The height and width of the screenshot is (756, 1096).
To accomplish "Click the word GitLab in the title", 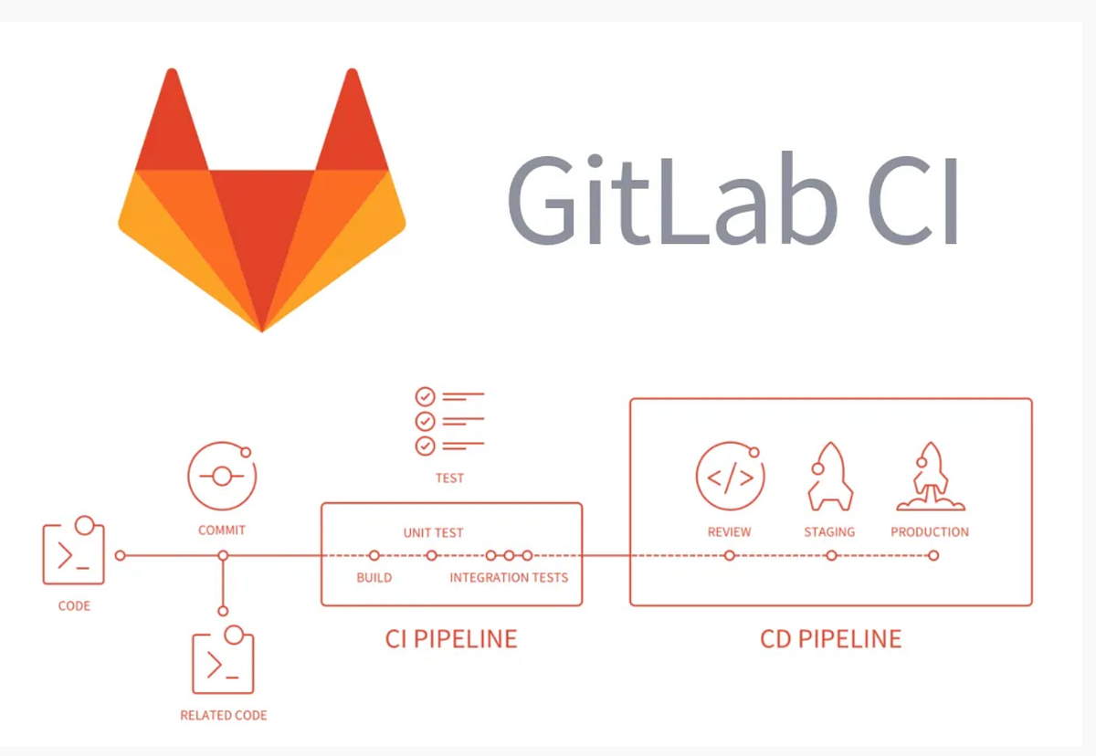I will click(x=671, y=201).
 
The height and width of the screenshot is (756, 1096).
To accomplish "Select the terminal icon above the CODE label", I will click(x=74, y=553).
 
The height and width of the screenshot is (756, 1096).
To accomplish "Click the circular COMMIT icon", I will click(x=222, y=477).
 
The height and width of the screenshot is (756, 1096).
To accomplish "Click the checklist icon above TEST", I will click(x=448, y=421).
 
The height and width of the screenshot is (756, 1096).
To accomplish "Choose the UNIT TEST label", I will click(x=434, y=532).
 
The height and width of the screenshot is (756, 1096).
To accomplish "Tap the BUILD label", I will click(x=374, y=577).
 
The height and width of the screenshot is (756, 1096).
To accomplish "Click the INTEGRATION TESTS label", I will click(x=509, y=577).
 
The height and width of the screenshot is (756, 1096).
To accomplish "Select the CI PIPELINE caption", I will click(x=451, y=638).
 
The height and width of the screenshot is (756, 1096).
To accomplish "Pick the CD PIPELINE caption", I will click(x=830, y=638).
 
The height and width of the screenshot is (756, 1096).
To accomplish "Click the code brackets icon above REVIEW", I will click(x=730, y=477).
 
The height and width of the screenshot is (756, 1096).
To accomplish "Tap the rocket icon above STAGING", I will click(x=829, y=477).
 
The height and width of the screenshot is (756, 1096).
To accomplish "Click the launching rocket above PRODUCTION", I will click(x=931, y=477).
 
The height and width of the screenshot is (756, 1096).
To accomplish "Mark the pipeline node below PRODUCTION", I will click(x=933, y=555).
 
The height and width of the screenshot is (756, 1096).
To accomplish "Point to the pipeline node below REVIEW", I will click(x=729, y=555).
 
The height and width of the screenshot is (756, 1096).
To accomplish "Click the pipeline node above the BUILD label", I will click(x=374, y=555).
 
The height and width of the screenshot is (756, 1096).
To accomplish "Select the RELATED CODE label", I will click(x=224, y=715).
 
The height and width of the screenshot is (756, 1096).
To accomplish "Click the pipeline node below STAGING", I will click(x=831, y=555).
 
